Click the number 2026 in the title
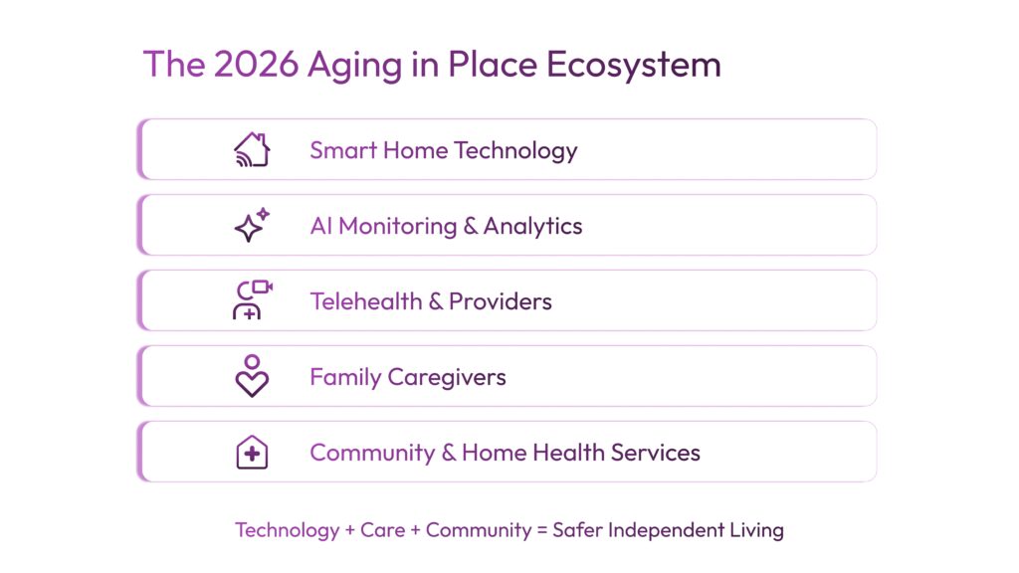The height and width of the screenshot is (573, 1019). (256, 65)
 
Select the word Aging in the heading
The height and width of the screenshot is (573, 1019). (352, 66)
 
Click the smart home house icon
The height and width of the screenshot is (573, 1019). (252, 149)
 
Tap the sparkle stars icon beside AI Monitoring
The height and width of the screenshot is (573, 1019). (252, 225)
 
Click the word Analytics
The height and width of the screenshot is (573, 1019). (533, 227)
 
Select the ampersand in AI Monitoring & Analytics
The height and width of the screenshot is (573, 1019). (470, 227)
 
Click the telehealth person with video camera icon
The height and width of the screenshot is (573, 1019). (252, 300)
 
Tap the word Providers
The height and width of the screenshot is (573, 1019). (501, 301)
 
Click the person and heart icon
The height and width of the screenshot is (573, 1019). (252, 376)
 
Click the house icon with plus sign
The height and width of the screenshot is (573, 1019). (252, 452)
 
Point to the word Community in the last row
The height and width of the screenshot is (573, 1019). (372, 454)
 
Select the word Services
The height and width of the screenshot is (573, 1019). (656, 453)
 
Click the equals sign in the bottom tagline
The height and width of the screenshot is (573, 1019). (542, 530)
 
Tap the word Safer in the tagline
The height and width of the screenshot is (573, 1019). (578, 530)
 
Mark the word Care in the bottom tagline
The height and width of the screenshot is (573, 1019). (383, 530)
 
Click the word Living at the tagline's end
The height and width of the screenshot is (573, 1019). (755, 530)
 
